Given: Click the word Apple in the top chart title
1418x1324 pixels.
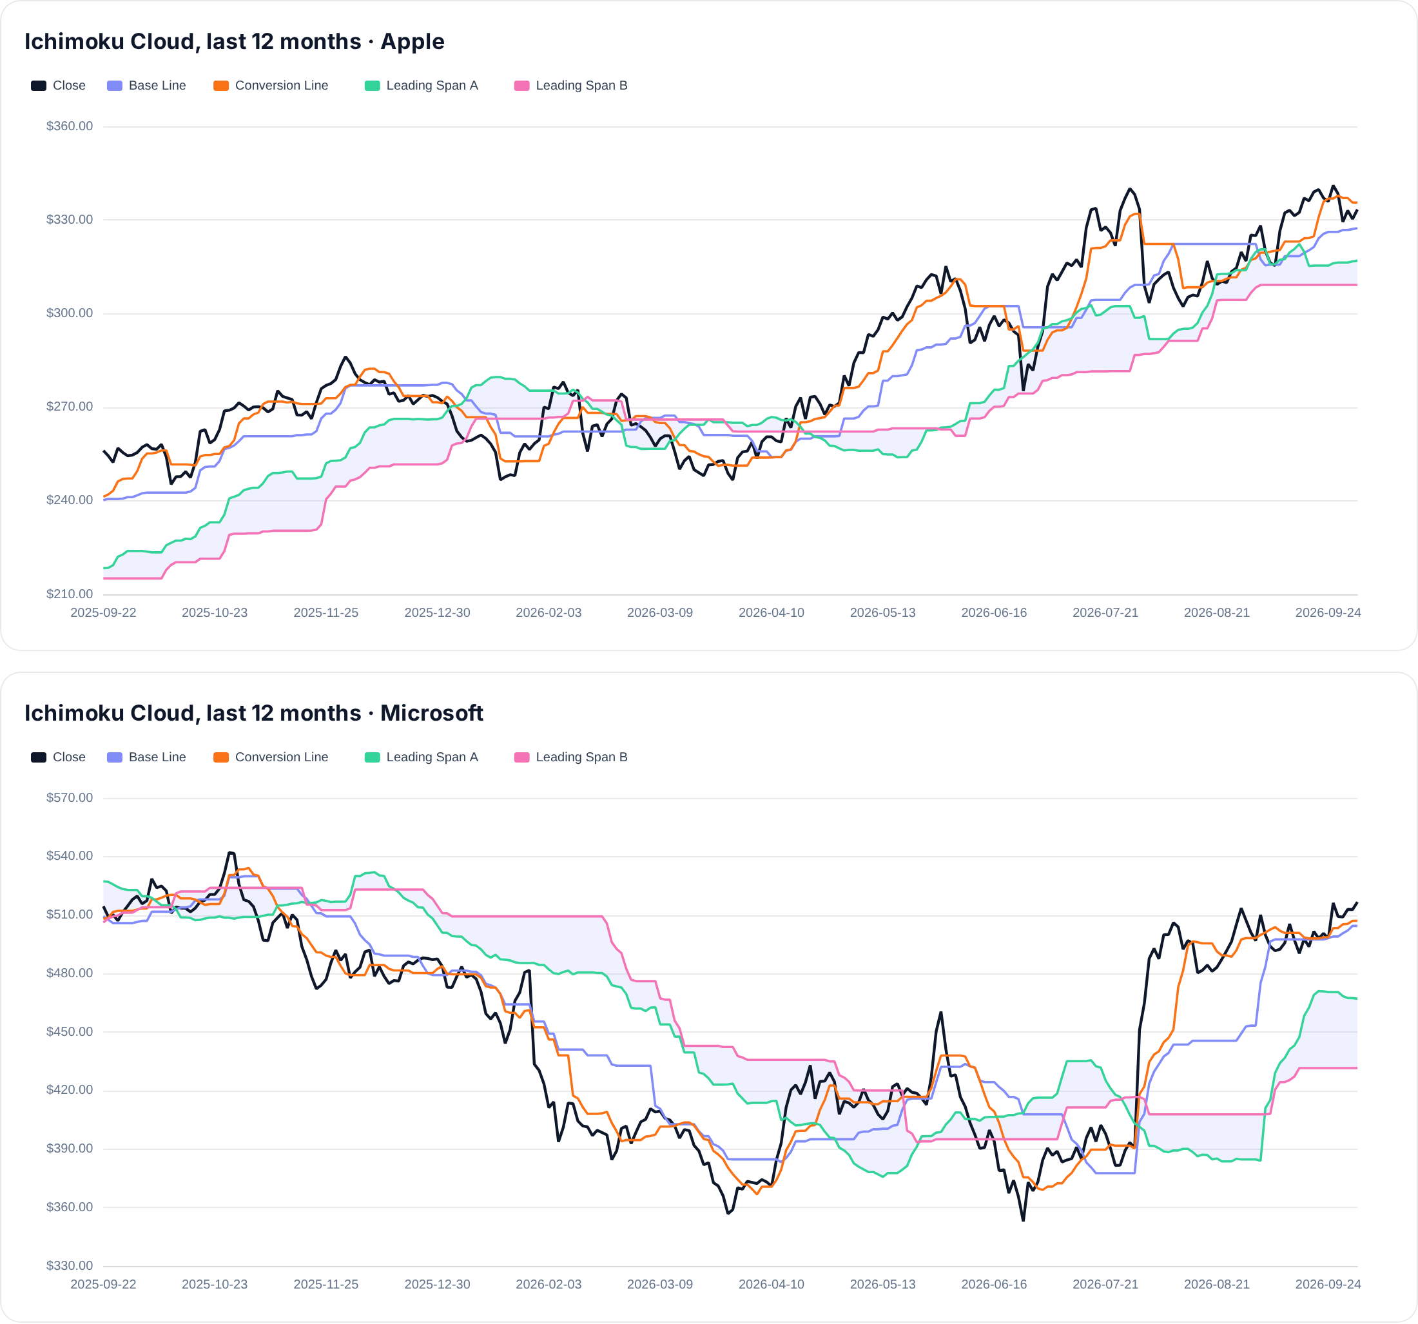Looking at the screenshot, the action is [413, 41].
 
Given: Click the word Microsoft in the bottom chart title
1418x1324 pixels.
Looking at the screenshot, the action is [432, 713].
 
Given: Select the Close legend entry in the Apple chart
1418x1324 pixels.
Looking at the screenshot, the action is [58, 86].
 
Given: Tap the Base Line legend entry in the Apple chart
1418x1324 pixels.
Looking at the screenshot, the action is [146, 86].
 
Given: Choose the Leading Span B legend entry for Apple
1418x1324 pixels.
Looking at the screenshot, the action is [570, 86].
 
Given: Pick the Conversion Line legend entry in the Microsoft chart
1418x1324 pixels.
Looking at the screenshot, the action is [271, 757].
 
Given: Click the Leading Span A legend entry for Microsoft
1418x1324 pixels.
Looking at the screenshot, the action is [422, 757].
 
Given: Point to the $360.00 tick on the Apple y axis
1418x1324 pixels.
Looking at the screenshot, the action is [69, 126].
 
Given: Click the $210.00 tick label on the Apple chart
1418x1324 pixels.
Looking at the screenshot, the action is [69, 594].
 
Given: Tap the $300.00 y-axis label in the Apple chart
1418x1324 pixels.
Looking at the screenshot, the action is [69, 313].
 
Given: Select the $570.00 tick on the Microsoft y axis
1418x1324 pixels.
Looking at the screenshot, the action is [69, 797].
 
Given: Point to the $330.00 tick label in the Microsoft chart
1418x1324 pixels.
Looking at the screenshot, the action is [69, 1265].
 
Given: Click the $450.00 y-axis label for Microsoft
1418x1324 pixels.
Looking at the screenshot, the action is [69, 1031].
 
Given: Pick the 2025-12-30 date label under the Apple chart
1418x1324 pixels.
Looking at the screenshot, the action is [437, 613].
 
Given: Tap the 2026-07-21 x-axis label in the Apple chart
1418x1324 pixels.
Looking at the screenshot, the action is [1105, 613].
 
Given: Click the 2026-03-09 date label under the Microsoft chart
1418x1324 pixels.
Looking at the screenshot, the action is [660, 1284].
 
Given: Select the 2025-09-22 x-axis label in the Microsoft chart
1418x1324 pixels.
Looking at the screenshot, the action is [103, 1284].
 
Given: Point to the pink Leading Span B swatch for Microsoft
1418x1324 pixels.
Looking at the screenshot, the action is [522, 757].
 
